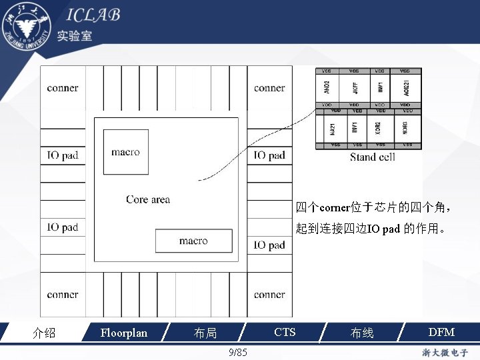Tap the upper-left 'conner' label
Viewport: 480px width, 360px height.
coord(63,88)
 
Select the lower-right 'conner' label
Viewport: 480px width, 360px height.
coord(269,294)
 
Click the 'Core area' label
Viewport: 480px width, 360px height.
coord(148,199)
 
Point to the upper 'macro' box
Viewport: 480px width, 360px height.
coord(126,152)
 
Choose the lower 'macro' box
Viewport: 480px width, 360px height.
coord(193,241)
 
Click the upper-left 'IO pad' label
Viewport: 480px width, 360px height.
coord(63,155)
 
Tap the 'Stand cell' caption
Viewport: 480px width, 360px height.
coord(373,157)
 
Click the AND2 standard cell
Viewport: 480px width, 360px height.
coord(327,87)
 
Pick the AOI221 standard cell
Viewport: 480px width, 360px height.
coord(406,87)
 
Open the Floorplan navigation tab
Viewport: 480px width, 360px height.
coord(123,332)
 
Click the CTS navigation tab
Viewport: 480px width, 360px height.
coord(285,332)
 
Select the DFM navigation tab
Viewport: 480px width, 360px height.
coord(441,332)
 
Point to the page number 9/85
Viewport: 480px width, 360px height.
coord(238,352)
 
